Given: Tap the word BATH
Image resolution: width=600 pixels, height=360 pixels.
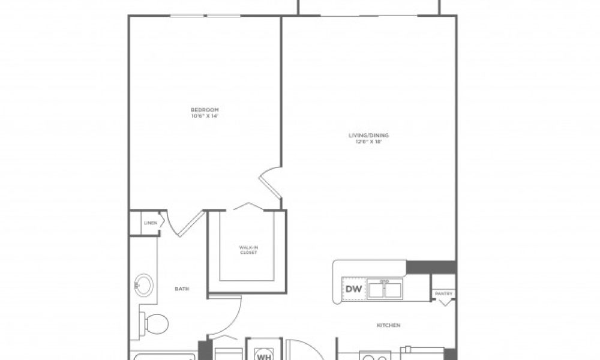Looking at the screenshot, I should (x=182, y=289).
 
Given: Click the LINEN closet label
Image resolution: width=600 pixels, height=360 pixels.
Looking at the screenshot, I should (x=150, y=223).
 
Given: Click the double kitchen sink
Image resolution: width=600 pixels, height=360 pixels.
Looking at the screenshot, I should (x=386, y=290).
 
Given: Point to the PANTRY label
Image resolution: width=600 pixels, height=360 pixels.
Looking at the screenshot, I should (x=445, y=293).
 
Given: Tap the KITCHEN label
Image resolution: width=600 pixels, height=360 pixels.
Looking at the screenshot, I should (x=388, y=326).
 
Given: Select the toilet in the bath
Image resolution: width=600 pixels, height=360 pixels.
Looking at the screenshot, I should (x=155, y=325).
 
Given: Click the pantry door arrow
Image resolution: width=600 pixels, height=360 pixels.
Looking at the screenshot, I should (x=445, y=302).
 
